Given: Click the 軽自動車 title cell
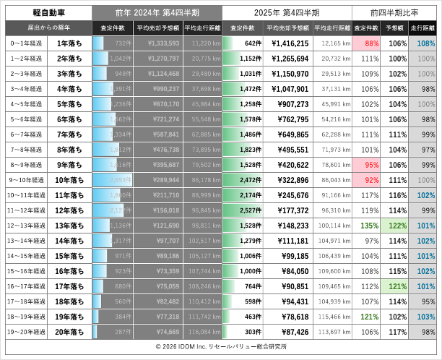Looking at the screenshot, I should click(x=48, y=12).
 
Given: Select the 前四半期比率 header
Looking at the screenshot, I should click(x=395, y=12).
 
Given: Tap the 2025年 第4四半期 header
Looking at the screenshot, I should click(x=287, y=12).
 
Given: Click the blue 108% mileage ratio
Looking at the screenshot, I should click(x=426, y=43).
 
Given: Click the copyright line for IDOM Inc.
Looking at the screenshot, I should click(x=220, y=348).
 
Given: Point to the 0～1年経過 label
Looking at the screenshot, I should click(x=27, y=43).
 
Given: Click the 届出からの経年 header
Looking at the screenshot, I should click(x=48, y=28).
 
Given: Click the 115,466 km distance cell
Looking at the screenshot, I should click(x=333, y=316).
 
